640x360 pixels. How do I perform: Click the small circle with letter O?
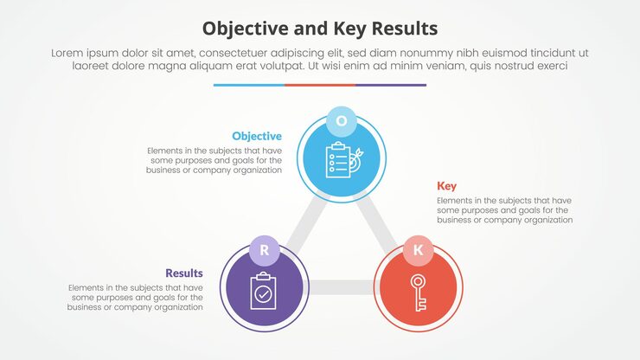[x=341, y=121]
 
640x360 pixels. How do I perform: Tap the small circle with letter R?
[x=265, y=251]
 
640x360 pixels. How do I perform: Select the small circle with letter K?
[x=419, y=251]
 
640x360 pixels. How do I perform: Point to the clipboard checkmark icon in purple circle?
[x=262, y=292]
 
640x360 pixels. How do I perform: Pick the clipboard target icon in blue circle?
[x=341, y=160]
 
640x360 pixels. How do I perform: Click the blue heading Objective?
[x=256, y=136]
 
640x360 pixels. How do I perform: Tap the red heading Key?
[x=446, y=186]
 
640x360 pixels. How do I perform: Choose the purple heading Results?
[x=184, y=273]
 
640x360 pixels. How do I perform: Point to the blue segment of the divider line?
[x=248, y=85]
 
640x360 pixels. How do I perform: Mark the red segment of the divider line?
[x=319, y=85]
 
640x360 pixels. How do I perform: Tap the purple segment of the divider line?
[x=391, y=85]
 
